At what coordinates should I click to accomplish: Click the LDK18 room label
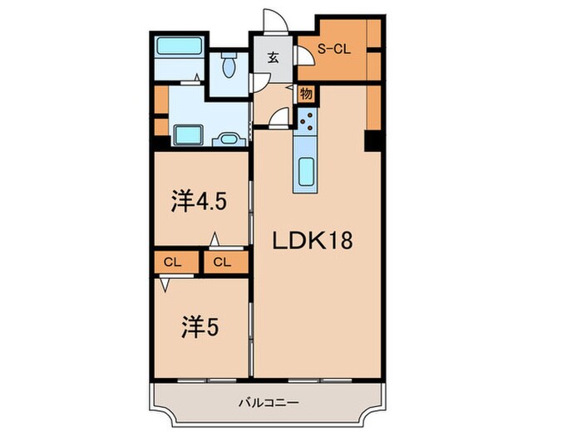coord(316,241)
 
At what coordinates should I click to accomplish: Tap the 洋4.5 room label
coord(199,201)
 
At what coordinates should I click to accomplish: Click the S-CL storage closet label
coord(335,50)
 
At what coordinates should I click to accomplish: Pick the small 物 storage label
coord(305,94)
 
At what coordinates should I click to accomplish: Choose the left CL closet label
coord(172,262)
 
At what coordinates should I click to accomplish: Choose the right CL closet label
coord(220,262)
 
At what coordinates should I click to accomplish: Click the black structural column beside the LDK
coord(372,140)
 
